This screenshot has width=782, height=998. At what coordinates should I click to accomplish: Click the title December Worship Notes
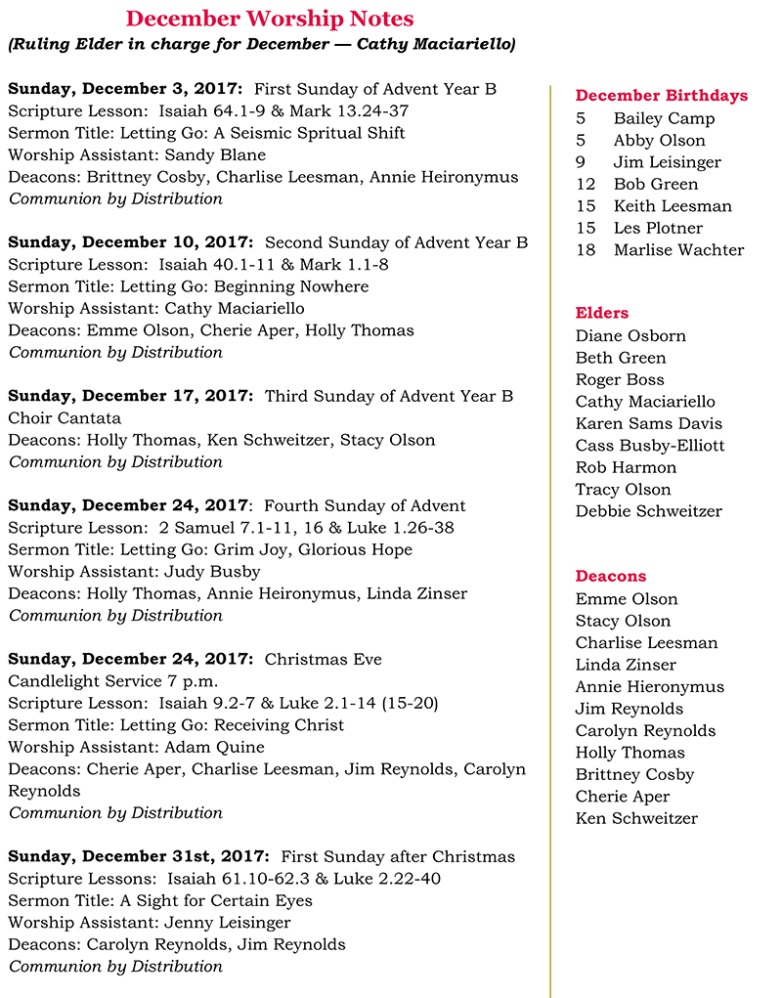(270, 19)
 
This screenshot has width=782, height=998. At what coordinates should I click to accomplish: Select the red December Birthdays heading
(661, 96)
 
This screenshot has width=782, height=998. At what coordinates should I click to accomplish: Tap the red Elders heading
(602, 314)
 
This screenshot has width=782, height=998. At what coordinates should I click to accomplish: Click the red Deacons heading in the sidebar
(611, 577)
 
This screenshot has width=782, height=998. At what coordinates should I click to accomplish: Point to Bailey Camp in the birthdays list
(664, 118)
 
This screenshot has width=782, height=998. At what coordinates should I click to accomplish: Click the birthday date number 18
(585, 250)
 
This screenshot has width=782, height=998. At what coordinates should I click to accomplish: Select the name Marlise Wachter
(678, 250)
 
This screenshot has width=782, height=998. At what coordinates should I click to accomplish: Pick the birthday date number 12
(585, 184)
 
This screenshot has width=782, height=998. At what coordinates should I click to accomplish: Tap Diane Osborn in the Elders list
(630, 336)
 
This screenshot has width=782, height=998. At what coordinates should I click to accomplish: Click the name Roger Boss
(620, 380)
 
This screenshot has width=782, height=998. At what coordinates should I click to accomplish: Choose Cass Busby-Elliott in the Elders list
(650, 446)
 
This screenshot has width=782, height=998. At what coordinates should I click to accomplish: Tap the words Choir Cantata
(65, 418)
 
